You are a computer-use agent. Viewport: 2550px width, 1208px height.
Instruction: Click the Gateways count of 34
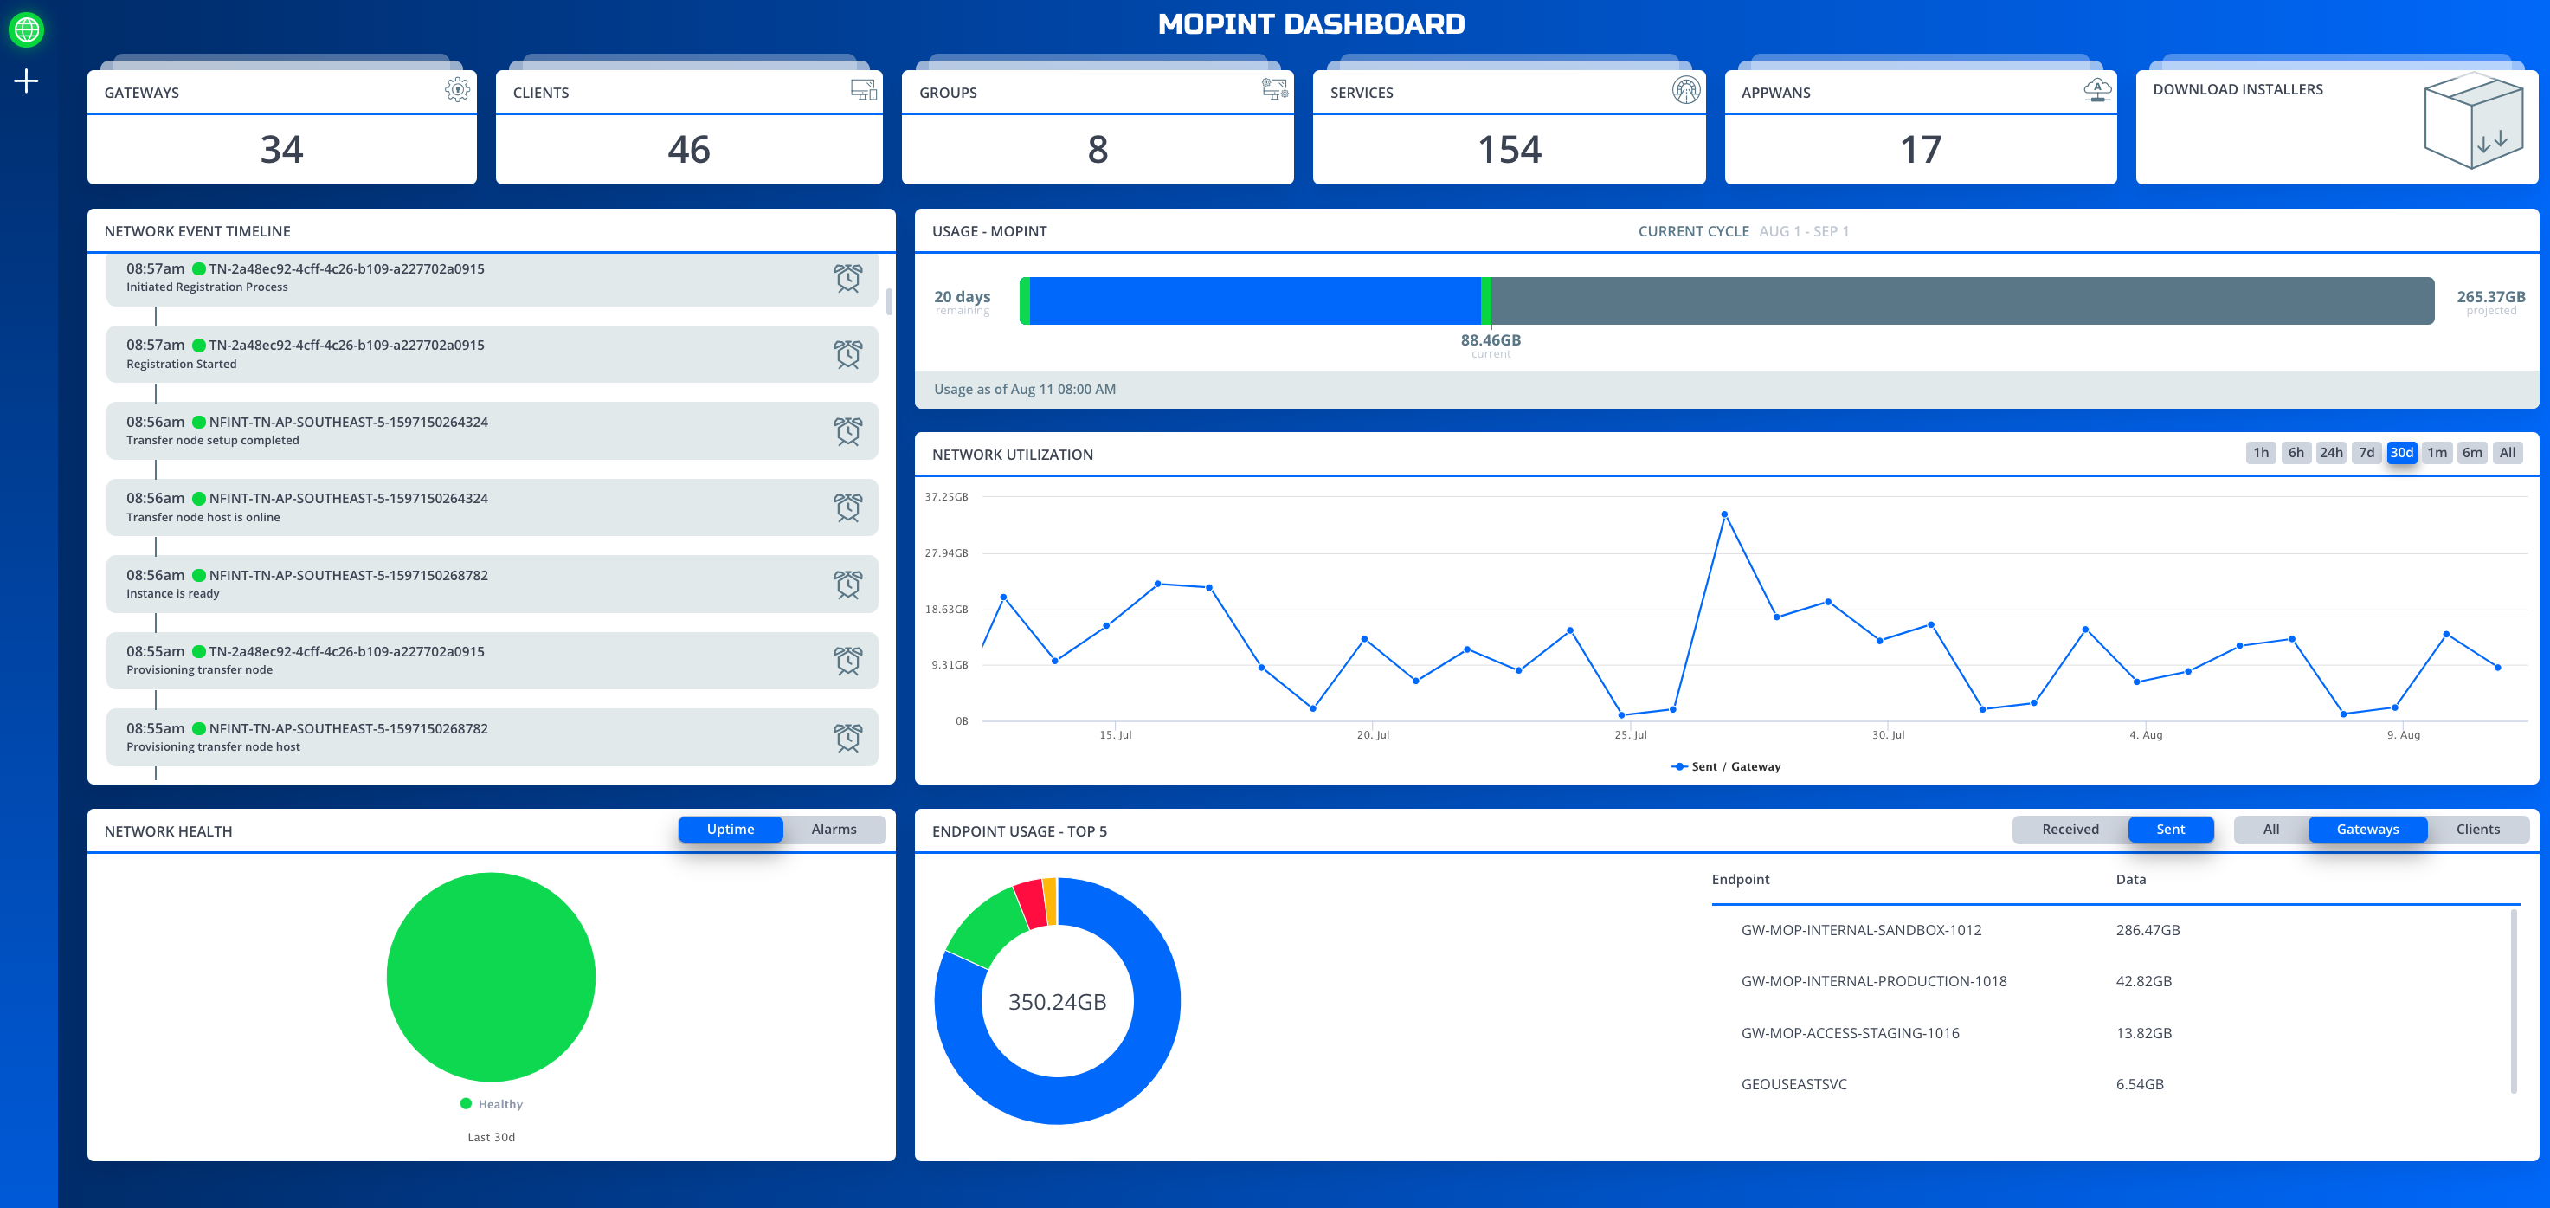(x=281, y=150)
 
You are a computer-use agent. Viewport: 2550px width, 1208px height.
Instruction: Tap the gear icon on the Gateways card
(x=456, y=90)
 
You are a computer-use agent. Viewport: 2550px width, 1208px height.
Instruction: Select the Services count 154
(x=1509, y=150)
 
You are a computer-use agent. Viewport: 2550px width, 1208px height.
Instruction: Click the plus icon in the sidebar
(x=27, y=81)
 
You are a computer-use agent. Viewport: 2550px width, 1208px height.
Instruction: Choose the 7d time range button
(x=2366, y=453)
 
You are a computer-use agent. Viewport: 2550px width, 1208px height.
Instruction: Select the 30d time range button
(x=2400, y=453)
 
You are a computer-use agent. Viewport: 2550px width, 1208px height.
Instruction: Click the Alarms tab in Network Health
(x=834, y=830)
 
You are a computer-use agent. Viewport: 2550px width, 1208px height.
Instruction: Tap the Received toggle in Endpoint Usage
(x=2070, y=830)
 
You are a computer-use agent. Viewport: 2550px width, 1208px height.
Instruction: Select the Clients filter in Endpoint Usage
(x=2476, y=830)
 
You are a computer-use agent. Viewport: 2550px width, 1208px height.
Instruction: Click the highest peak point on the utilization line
(x=1723, y=515)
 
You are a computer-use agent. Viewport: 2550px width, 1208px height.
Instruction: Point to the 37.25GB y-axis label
(x=945, y=497)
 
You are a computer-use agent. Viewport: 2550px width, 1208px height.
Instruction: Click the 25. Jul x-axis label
(x=1629, y=734)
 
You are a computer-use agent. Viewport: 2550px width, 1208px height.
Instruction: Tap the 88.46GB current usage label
(x=1490, y=339)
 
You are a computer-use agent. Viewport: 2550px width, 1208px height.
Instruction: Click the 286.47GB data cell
(x=2148, y=930)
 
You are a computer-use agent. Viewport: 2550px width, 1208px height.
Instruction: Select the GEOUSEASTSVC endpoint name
(x=1793, y=1084)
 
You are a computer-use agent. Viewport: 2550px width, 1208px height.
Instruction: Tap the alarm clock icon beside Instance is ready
(x=847, y=585)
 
